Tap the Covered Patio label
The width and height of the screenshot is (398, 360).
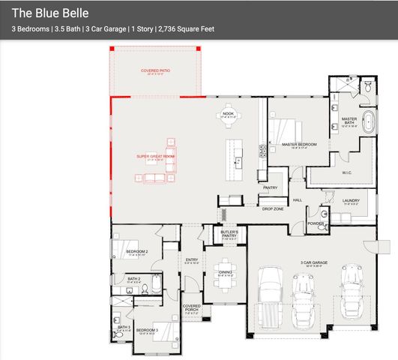(x=155, y=70)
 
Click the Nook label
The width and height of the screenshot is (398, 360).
(x=229, y=113)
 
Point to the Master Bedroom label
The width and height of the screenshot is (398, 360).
(x=298, y=144)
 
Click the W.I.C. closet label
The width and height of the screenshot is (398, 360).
(x=347, y=172)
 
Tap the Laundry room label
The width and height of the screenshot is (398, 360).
(x=351, y=200)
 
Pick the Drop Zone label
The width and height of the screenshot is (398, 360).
(x=273, y=208)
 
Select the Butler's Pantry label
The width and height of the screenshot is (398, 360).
(x=229, y=234)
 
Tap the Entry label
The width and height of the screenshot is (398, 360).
(x=191, y=259)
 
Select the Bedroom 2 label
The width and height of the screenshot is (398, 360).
(x=136, y=251)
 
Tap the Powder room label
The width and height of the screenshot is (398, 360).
(x=316, y=223)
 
